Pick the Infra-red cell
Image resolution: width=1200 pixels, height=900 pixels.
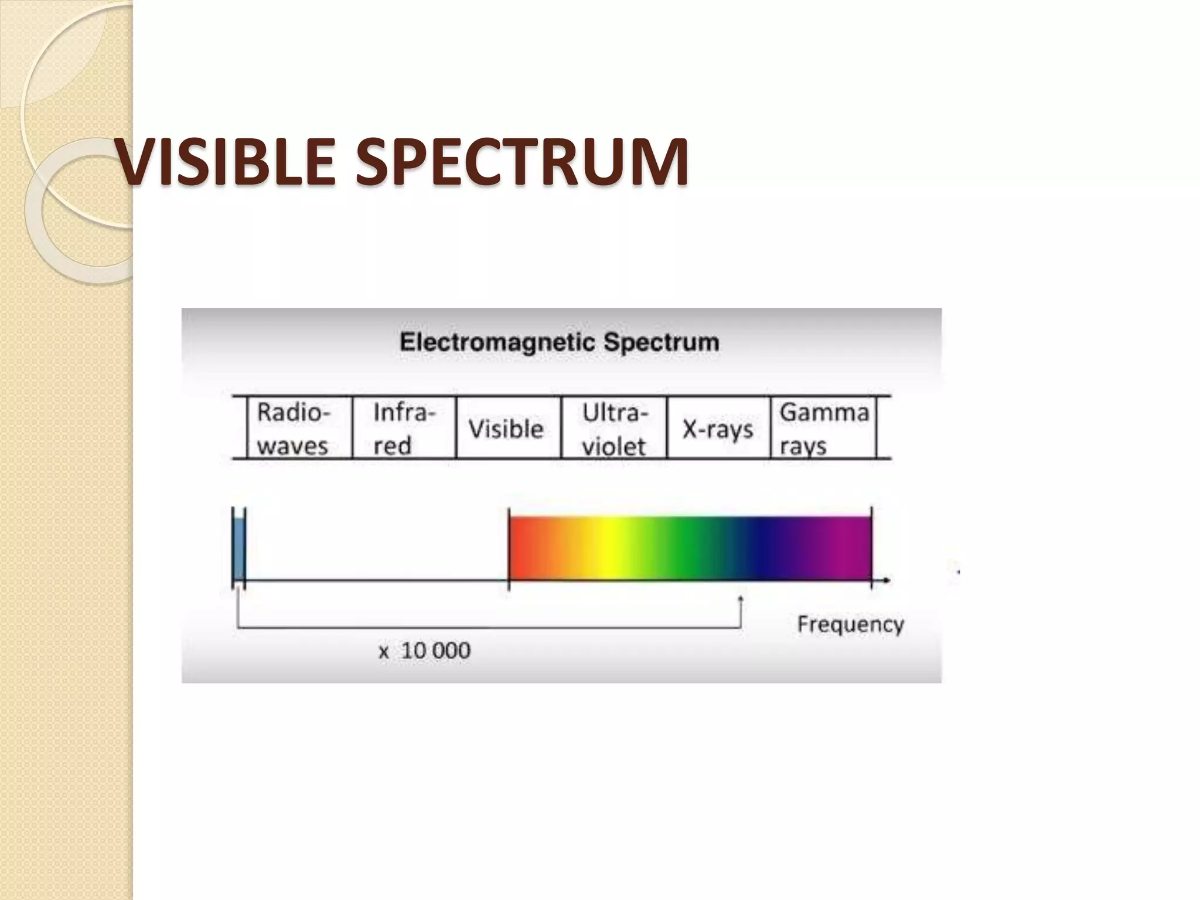[404, 428]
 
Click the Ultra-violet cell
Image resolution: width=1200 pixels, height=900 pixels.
[613, 429]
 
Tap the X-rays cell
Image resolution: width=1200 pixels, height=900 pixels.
[718, 429]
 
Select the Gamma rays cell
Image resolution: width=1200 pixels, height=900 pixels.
[823, 428]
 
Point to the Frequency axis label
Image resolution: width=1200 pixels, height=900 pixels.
[850, 624]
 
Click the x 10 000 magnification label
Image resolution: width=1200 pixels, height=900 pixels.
[424, 651]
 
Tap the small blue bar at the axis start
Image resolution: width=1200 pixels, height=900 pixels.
[238, 548]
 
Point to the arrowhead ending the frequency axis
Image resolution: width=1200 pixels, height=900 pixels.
[887, 581]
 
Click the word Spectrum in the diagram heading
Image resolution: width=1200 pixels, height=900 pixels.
[661, 342]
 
